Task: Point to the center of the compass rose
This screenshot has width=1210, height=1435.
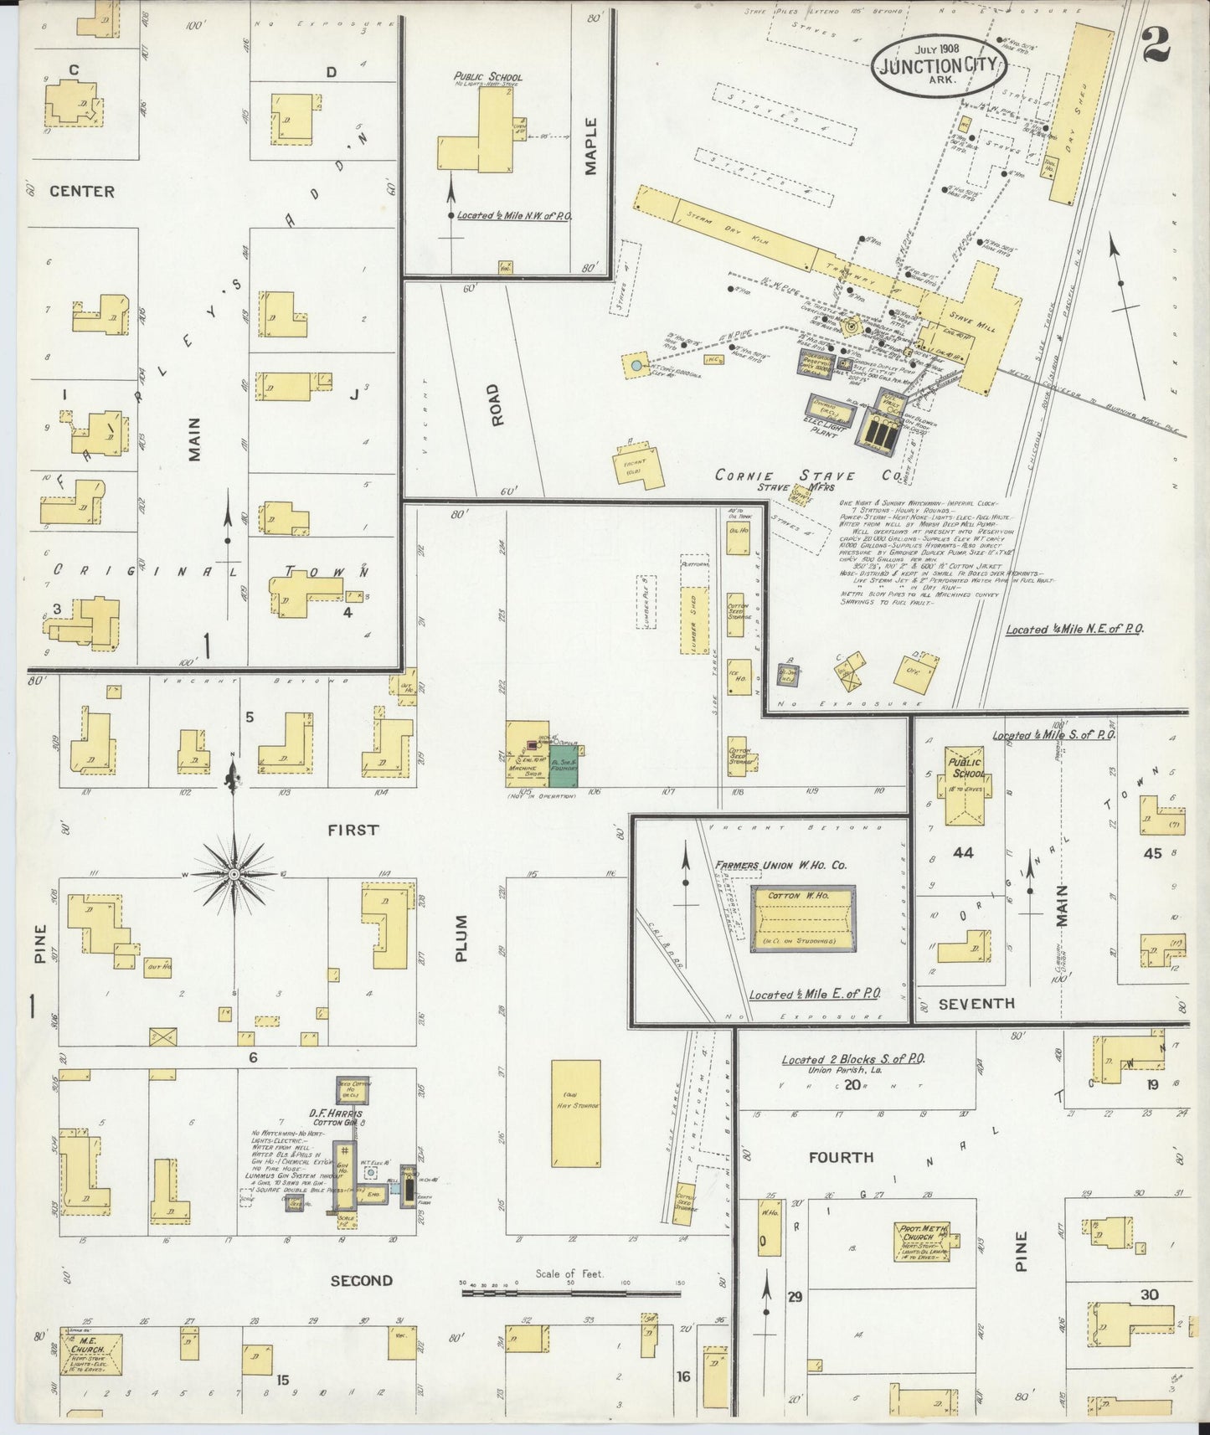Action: (x=234, y=875)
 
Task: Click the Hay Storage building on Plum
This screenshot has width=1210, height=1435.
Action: (x=576, y=1113)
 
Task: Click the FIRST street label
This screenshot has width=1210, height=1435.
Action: (x=353, y=830)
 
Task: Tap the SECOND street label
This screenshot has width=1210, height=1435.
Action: (x=360, y=1280)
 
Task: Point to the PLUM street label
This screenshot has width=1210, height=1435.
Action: (x=461, y=937)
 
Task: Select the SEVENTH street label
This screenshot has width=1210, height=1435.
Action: (x=976, y=1003)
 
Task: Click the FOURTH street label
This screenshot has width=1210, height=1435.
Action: (x=841, y=1158)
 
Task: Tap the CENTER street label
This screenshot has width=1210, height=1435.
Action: (x=81, y=191)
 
